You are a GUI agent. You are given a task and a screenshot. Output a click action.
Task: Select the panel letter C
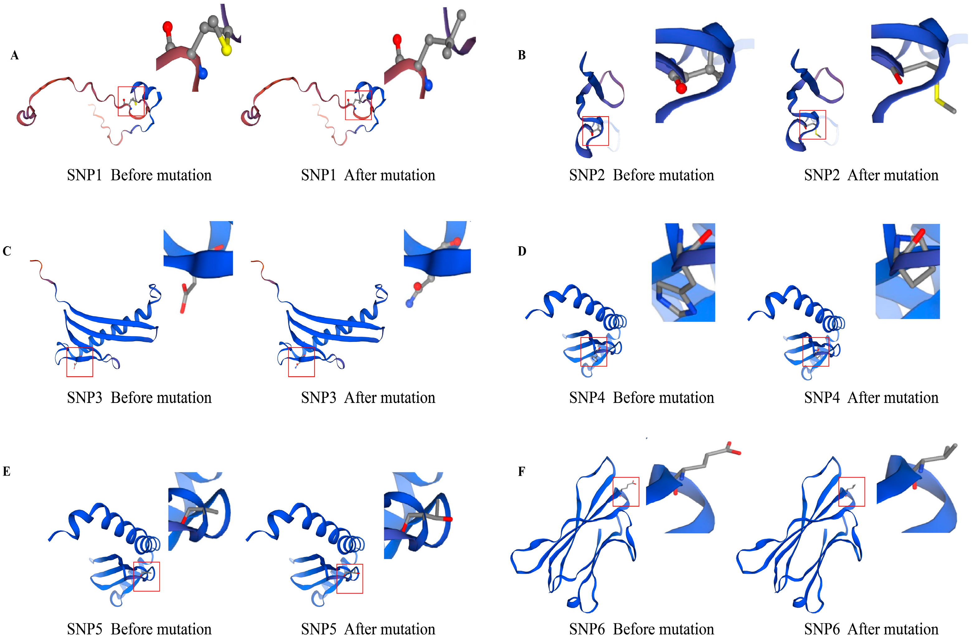[x=7, y=251]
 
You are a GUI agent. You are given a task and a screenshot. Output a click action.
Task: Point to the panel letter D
[x=522, y=251]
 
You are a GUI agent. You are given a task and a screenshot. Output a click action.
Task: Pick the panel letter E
[x=7, y=471]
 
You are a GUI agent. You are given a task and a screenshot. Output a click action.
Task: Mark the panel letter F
[x=521, y=471]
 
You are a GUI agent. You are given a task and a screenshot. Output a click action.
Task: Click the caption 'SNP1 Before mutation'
[x=139, y=175]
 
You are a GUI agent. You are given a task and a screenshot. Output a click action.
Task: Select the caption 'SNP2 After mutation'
[x=871, y=175]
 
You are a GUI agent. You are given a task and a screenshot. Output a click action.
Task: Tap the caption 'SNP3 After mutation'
[x=368, y=398]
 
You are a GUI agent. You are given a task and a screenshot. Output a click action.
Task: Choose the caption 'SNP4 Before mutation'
[x=641, y=398]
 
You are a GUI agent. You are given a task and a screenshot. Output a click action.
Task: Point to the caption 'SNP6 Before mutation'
[x=641, y=629]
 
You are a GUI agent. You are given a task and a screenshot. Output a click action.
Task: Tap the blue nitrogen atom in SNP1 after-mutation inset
[x=428, y=85]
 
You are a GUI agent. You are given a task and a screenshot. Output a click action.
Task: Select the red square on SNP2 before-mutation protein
[x=595, y=131]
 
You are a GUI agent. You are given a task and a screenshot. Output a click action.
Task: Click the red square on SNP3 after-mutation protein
[x=301, y=362]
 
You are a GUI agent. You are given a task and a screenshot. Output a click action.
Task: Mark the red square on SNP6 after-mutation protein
[x=852, y=492]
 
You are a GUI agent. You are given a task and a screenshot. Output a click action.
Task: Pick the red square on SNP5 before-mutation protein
[x=146, y=577]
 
